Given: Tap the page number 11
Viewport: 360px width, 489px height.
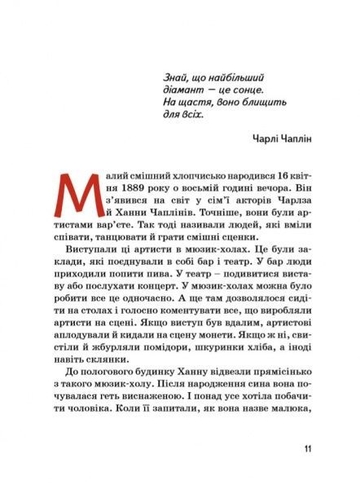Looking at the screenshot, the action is point(306,449).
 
